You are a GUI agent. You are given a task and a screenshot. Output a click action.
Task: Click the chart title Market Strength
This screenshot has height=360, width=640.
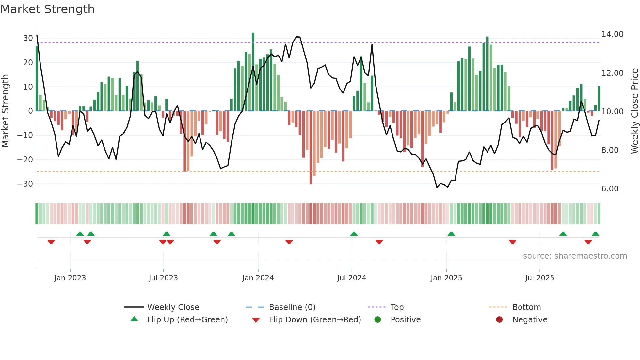click(47, 9)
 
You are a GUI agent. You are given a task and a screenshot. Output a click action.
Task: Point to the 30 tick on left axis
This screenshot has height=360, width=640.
click(28, 38)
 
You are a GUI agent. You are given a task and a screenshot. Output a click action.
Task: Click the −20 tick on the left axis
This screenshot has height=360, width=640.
click(25, 160)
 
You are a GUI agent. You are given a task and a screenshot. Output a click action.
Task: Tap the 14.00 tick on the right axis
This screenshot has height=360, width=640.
click(612, 34)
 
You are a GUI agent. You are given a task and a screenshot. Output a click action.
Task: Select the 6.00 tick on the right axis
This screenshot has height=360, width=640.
click(610, 189)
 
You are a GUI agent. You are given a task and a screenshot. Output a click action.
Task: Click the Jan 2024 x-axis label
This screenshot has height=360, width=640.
click(258, 278)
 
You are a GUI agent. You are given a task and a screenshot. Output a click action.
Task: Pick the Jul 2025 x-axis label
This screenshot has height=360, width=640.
click(539, 278)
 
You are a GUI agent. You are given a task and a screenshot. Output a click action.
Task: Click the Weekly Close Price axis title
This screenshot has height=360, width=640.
click(634, 111)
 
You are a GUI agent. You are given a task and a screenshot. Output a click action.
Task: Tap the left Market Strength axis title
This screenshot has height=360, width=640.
click(5, 111)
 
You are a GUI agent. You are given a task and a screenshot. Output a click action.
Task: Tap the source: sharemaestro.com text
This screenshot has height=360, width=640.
click(575, 256)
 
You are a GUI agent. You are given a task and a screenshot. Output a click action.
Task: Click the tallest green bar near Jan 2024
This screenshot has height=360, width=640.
click(253, 72)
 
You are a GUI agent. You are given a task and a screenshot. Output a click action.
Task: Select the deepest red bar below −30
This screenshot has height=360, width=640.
click(311, 148)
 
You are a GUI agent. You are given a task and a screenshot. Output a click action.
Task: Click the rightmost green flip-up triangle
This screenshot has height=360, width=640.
click(595, 234)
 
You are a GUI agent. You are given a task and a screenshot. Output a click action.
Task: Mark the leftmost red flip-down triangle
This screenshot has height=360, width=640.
click(51, 242)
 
